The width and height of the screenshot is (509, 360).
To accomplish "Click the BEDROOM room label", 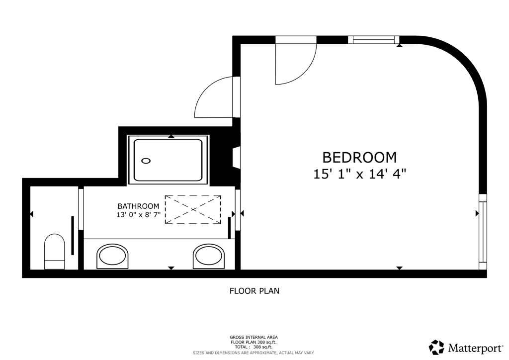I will coord(359,157).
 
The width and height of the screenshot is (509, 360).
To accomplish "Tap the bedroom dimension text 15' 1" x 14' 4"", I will coord(360,174).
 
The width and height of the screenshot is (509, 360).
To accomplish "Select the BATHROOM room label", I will coord(138,206).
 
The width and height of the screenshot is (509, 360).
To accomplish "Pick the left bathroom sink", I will coord(112,256).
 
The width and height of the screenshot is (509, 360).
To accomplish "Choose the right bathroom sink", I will coord(209,256).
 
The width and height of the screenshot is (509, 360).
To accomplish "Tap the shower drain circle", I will coord(146,161).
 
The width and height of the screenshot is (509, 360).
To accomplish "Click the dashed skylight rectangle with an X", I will coord(192,209).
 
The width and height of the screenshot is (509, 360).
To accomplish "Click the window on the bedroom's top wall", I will coord(373,40).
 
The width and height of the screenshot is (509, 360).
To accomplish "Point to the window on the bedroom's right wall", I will coord(483,232).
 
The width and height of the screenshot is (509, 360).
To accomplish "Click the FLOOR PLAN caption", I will coord(254,291).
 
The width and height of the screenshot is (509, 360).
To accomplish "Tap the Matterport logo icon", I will coord(436,347).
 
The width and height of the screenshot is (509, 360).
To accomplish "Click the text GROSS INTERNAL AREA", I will coord(254,337).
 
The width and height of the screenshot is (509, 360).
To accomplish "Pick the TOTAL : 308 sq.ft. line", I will coord(254,347).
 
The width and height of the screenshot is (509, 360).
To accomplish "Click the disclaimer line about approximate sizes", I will coord(254,353).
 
